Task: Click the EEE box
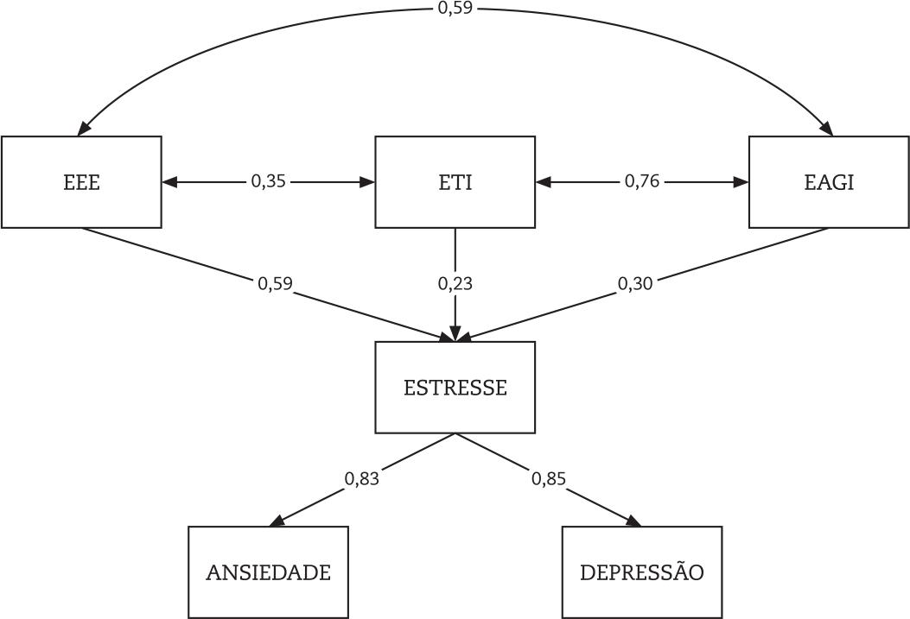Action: pyautogui.click(x=81, y=182)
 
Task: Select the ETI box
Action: pyautogui.click(x=455, y=182)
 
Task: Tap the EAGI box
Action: pyautogui.click(x=829, y=182)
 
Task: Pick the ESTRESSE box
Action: pyautogui.click(x=455, y=388)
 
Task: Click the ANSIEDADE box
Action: pyautogui.click(x=268, y=572)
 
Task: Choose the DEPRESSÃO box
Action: pyautogui.click(x=641, y=572)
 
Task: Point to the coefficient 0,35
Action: pyautogui.click(x=268, y=182)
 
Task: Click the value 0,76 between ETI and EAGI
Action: pyautogui.click(x=641, y=182)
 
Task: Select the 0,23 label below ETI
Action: pyautogui.click(x=455, y=283)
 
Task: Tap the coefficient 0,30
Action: pyautogui.click(x=635, y=283)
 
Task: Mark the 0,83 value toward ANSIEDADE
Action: pyautogui.click(x=361, y=478)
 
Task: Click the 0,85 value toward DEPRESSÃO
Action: pyautogui.click(x=549, y=478)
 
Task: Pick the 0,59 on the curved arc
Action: pyautogui.click(x=455, y=9)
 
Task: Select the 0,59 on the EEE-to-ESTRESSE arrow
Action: pyautogui.click(x=275, y=283)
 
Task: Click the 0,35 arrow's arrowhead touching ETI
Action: pyautogui.click(x=367, y=182)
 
